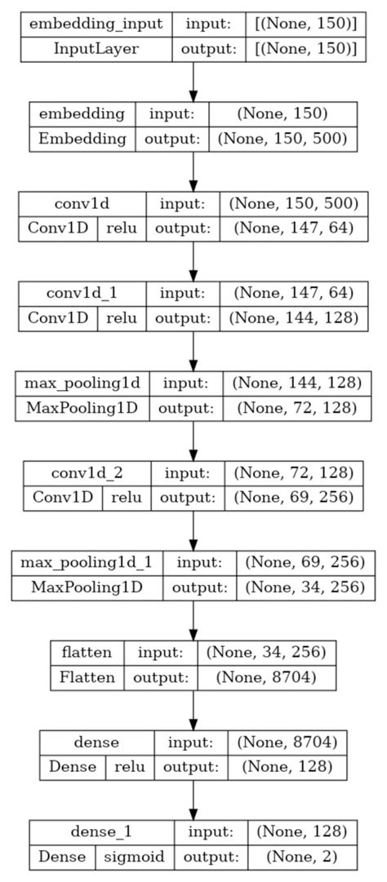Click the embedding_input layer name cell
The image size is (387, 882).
(x=96, y=24)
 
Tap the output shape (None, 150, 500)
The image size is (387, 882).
(x=283, y=138)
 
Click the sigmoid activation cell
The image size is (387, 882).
(x=136, y=856)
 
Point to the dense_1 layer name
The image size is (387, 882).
(x=102, y=831)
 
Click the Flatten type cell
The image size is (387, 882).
(x=87, y=676)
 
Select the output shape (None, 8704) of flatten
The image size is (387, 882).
(x=265, y=676)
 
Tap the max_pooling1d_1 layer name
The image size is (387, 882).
(x=87, y=562)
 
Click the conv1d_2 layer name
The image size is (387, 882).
(x=88, y=472)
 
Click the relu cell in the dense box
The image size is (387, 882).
(x=130, y=766)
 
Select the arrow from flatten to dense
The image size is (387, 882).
(x=193, y=708)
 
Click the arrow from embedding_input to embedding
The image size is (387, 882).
(x=193, y=80)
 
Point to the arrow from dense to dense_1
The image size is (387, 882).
(x=193, y=798)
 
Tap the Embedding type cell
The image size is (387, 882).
(x=82, y=138)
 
